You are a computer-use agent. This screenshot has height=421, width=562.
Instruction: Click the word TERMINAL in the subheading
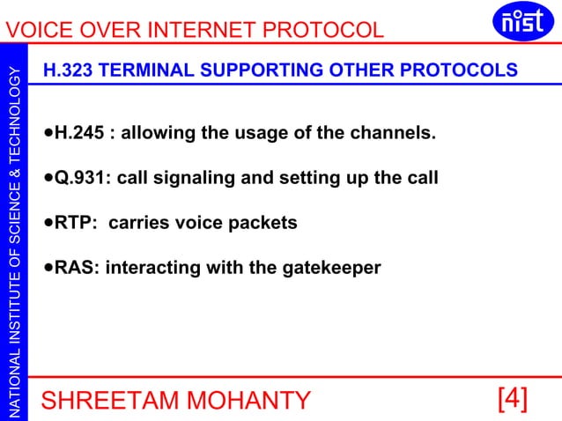point(148,70)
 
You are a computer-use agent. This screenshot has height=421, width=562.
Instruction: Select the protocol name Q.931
point(82,179)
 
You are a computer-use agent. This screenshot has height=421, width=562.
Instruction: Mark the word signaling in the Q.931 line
point(196,179)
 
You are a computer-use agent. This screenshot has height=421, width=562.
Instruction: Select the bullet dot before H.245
point(48,135)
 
